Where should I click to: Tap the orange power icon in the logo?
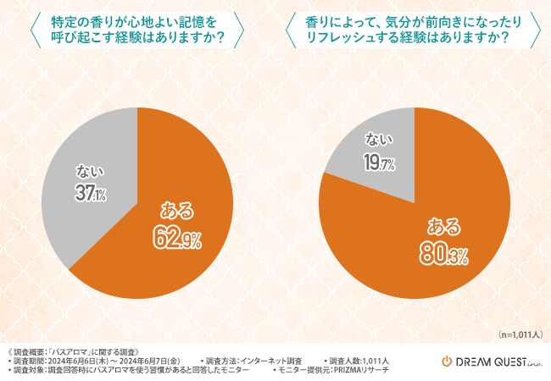click(448, 362)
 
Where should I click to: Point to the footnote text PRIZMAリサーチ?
click(373, 371)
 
